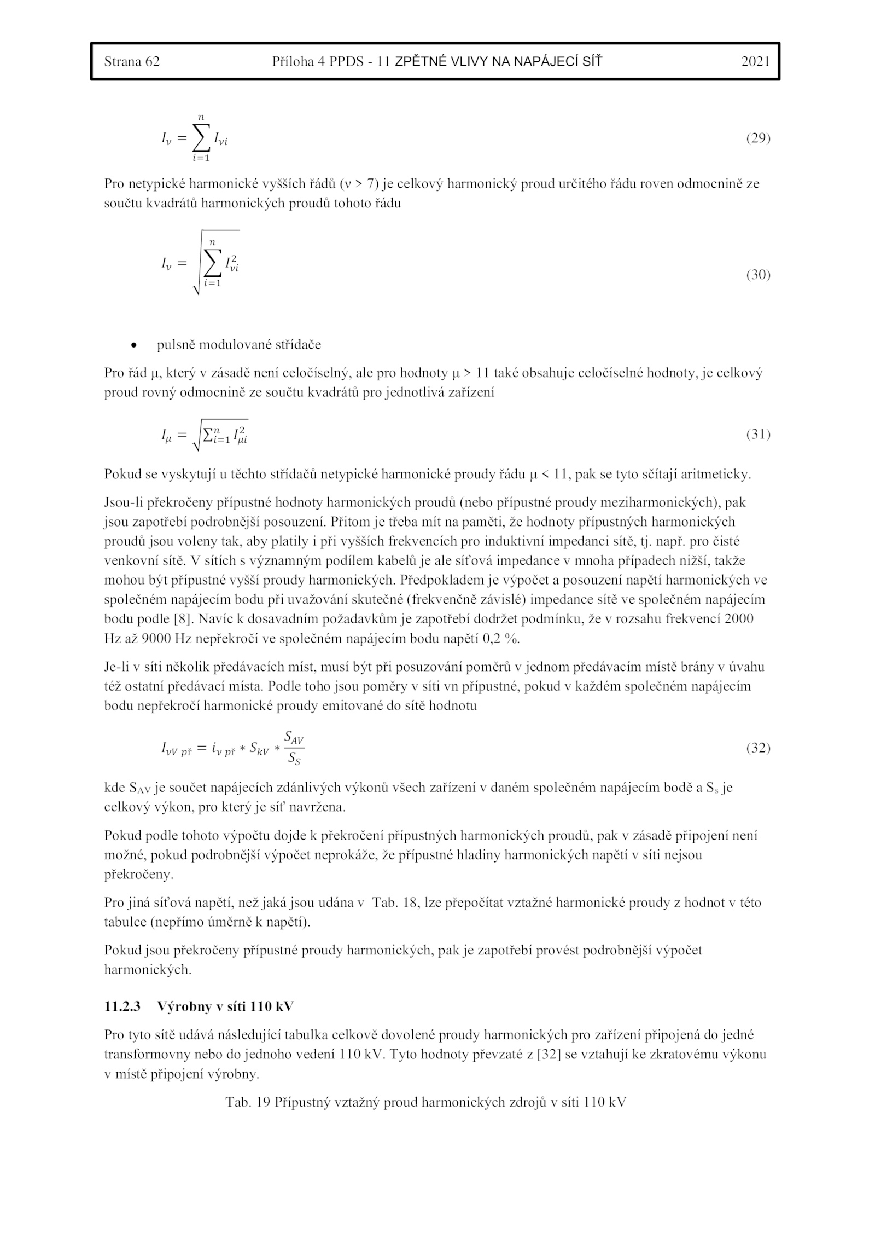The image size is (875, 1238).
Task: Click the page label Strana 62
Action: (x=132, y=61)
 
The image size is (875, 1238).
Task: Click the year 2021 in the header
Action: (x=755, y=61)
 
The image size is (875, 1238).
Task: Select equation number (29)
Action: (x=758, y=138)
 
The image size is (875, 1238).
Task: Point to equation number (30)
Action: (x=758, y=275)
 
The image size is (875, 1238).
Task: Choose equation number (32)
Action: (x=758, y=748)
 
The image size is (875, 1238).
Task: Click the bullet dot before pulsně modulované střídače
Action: (x=133, y=345)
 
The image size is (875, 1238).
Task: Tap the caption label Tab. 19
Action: (x=248, y=1102)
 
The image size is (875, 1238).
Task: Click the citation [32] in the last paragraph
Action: (x=547, y=1054)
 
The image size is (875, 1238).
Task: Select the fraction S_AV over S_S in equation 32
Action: (x=294, y=748)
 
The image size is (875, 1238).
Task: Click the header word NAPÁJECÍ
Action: (x=541, y=61)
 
